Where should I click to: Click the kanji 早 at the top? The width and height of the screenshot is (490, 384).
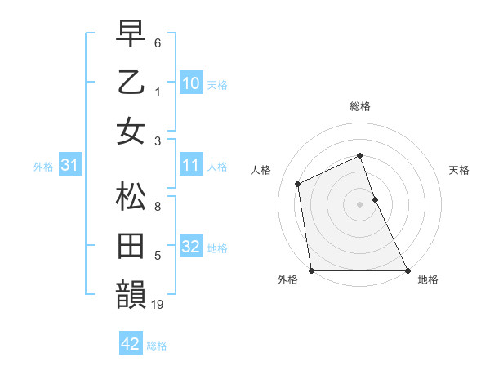[x=131, y=34]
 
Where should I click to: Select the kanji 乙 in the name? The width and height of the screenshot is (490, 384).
[x=131, y=83]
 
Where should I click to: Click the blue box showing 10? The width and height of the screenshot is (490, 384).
[x=190, y=83]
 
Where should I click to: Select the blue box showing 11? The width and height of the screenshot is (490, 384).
[x=190, y=165]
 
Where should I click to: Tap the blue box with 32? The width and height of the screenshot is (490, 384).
[x=190, y=247]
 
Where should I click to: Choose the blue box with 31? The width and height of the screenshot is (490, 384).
[x=69, y=165]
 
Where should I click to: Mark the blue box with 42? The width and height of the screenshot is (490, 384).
[x=130, y=344]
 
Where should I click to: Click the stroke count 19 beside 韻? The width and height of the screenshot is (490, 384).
[x=158, y=306]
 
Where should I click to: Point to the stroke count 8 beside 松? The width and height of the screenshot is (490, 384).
[x=158, y=208]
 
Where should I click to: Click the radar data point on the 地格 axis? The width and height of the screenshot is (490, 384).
[x=408, y=270]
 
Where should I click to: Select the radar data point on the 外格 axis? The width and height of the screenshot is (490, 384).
[x=311, y=270]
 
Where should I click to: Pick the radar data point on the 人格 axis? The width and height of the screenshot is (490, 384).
[x=298, y=184]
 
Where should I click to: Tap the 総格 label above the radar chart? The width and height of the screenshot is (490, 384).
[x=360, y=106]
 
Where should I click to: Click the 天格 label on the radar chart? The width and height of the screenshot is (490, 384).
[x=459, y=170]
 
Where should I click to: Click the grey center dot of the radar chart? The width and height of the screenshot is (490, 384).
[x=359, y=204]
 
